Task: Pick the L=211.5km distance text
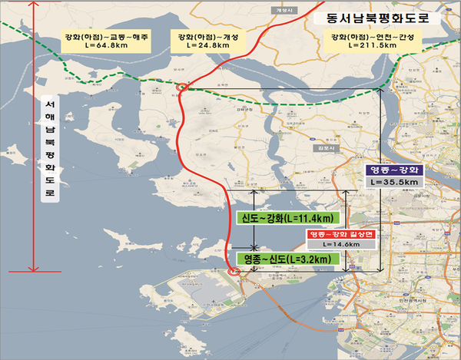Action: pyautogui.click(x=373, y=47)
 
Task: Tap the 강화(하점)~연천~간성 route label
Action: pyautogui.click(x=373, y=36)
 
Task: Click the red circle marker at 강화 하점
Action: pyautogui.click(x=182, y=88)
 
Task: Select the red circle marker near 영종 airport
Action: pyautogui.click(x=234, y=272)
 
